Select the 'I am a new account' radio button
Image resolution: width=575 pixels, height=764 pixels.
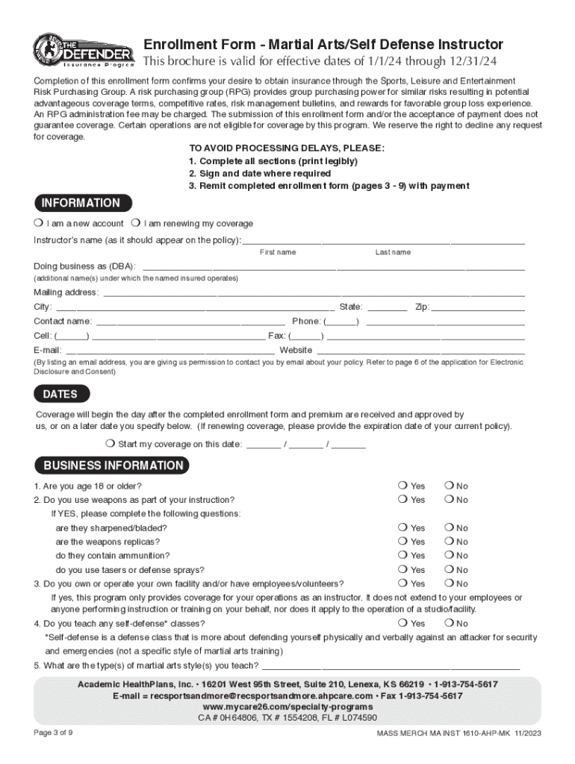tap(38, 223)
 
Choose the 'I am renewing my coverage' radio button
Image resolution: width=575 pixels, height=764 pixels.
tap(135, 223)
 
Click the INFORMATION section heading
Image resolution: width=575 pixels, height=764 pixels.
tap(81, 203)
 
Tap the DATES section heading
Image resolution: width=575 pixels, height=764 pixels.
tap(60, 394)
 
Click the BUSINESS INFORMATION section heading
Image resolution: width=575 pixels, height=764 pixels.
tap(113, 466)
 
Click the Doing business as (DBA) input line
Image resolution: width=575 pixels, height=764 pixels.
tap(333, 267)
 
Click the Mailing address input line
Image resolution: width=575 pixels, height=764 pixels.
tap(314, 292)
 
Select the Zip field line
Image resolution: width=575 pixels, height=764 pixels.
tap(478, 307)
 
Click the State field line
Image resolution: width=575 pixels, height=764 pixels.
tap(388, 307)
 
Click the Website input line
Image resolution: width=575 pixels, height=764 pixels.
tap(421, 350)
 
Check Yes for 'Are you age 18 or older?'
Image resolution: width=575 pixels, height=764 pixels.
tap(403, 486)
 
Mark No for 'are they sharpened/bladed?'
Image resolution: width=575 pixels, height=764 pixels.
tap(450, 527)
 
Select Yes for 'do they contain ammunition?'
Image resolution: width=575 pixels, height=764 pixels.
tap(403, 556)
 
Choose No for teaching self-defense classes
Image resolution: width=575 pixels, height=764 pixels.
tap(450, 623)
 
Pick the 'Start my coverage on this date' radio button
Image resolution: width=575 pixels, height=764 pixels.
tap(110, 444)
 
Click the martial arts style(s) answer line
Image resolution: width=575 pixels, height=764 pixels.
tap(390, 666)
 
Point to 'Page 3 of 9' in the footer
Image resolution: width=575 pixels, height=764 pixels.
tap(53, 732)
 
